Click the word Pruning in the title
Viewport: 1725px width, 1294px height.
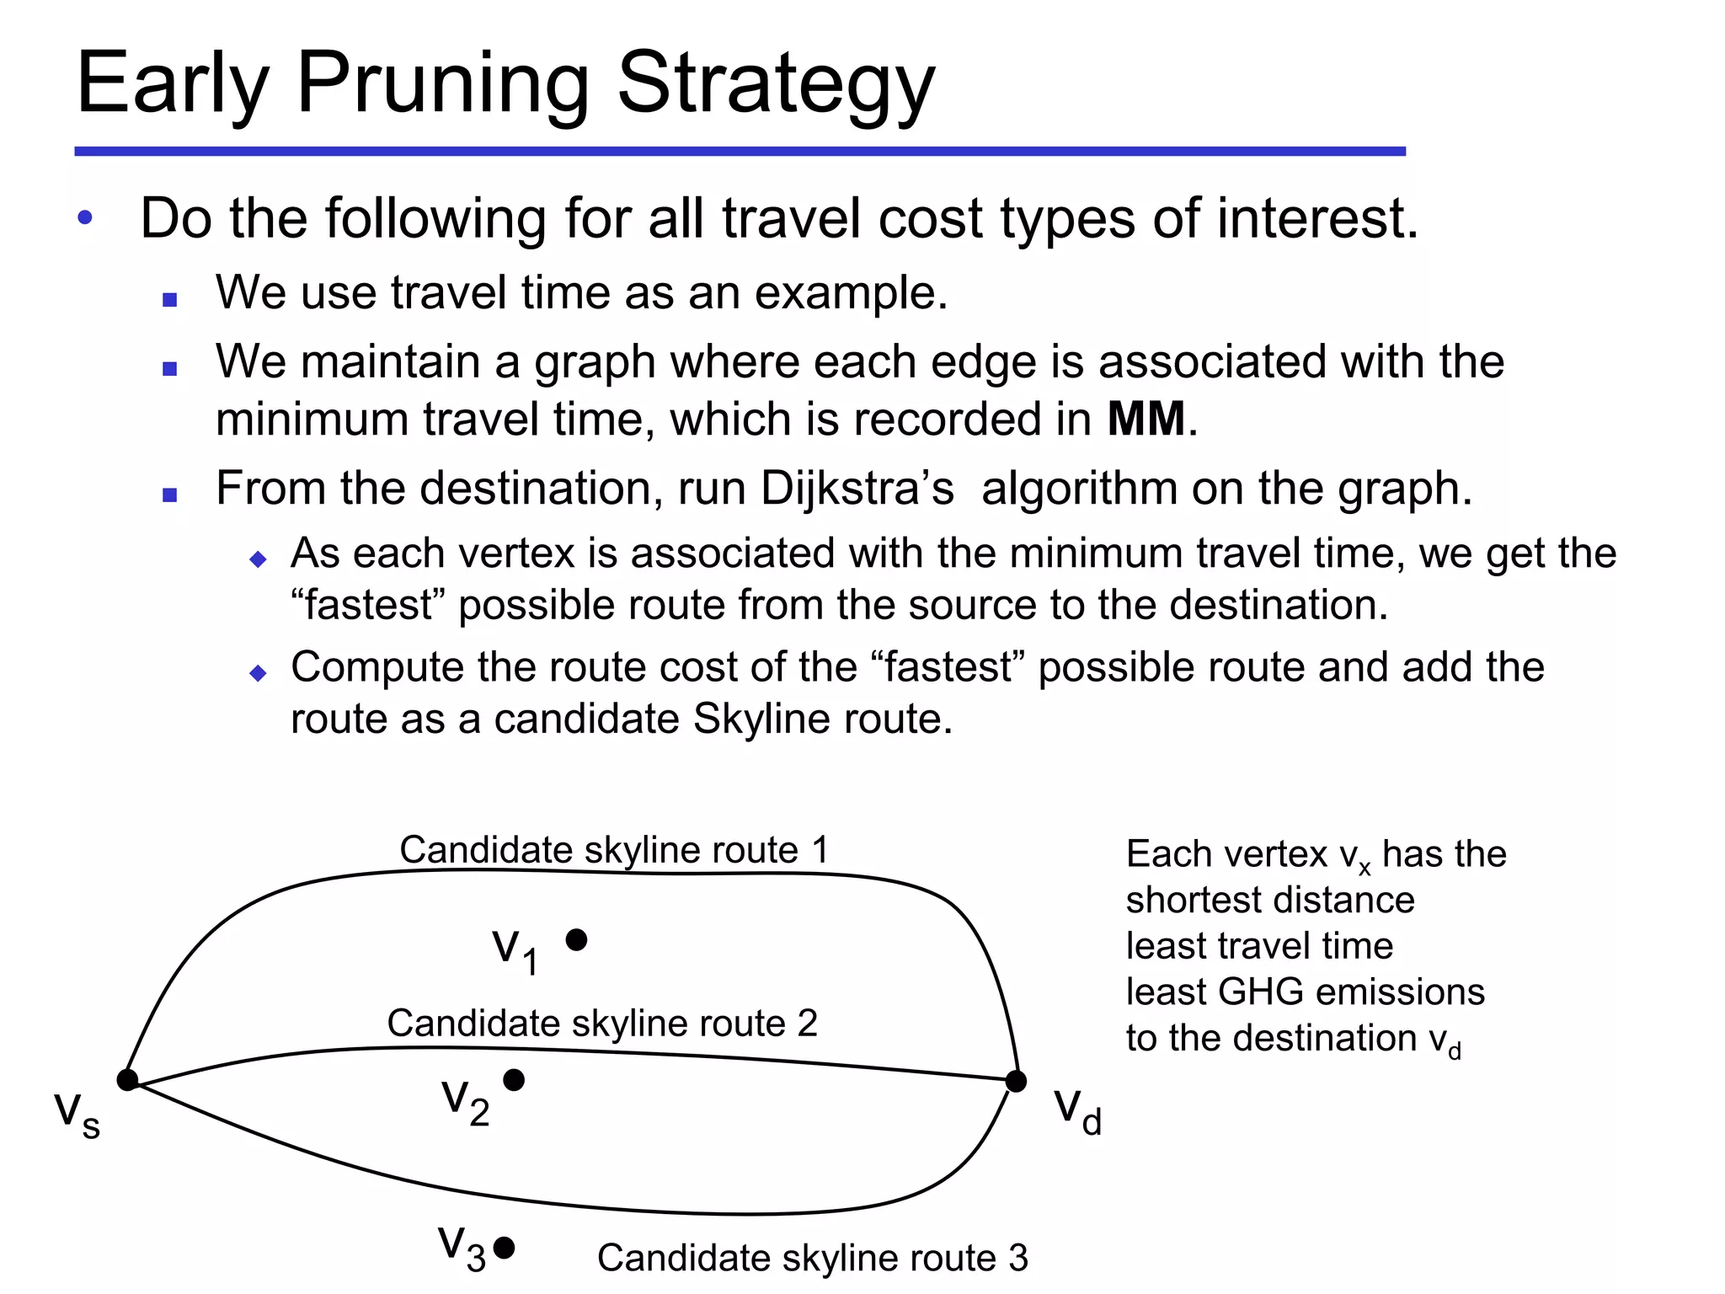point(442,84)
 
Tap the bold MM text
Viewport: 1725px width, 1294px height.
point(1146,419)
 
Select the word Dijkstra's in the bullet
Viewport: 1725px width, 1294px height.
point(857,488)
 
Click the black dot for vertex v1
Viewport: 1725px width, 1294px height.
point(576,939)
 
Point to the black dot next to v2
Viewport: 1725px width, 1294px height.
point(514,1079)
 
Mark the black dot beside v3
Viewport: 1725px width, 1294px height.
point(504,1248)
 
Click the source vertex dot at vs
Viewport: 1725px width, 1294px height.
point(127,1079)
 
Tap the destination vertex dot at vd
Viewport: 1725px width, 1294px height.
point(1016,1081)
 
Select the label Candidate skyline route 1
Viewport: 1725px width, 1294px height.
point(614,849)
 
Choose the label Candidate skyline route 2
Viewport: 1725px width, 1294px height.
point(602,1023)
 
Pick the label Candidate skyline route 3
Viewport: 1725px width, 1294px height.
point(813,1258)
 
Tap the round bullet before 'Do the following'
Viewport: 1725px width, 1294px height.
point(84,219)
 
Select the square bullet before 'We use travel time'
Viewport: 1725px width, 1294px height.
point(169,299)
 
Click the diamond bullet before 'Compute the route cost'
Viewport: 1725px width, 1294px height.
point(258,672)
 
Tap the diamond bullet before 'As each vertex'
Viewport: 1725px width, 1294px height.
point(258,559)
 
